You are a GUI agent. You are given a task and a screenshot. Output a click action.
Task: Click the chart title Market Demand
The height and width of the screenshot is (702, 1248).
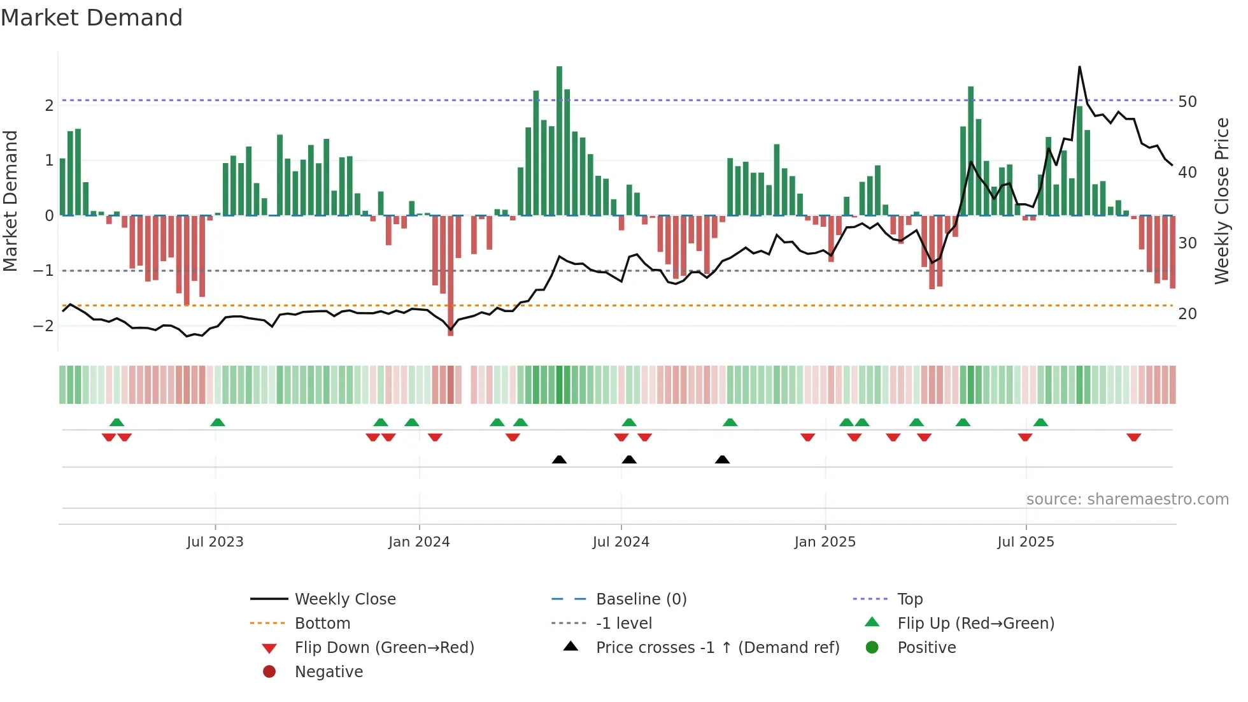point(92,18)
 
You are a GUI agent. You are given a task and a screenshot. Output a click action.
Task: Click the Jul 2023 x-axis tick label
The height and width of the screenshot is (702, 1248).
point(215,542)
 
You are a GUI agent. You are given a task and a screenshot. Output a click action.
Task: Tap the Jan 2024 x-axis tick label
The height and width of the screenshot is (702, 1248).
point(419,542)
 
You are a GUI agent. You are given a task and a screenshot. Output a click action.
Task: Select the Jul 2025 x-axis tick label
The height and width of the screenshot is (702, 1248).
point(1026,542)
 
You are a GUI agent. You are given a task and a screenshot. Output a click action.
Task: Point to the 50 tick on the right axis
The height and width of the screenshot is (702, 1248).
point(1188,102)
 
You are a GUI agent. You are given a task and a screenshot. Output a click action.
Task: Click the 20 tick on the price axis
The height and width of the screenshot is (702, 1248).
point(1188,314)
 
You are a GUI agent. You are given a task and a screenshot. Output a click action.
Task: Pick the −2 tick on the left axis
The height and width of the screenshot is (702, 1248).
point(44,326)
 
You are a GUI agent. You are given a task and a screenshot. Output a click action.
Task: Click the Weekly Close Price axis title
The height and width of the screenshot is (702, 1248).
point(1221,201)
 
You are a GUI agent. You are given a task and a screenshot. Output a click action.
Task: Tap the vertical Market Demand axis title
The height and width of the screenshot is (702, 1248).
point(11,201)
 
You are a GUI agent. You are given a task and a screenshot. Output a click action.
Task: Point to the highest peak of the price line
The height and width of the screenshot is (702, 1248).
point(1079,67)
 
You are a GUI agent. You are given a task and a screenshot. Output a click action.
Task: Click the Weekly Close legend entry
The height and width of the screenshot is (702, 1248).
point(344,599)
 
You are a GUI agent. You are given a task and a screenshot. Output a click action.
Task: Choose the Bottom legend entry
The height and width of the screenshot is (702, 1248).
point(322,624)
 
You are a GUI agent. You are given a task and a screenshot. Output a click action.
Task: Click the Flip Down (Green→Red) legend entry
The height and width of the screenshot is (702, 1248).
point(384,648)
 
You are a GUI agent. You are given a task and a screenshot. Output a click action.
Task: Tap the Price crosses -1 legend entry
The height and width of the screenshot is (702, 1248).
point(717,648)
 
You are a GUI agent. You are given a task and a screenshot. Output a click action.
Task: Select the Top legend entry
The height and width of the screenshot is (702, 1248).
point(910,599)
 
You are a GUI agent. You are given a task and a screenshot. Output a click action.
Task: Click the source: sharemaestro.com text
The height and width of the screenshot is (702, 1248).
point(1127,499)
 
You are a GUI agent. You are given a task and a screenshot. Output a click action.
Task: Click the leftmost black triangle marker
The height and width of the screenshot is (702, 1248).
point(559,459)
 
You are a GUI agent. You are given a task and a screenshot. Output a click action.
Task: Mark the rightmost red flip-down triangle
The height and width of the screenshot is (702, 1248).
point(1133,438)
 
